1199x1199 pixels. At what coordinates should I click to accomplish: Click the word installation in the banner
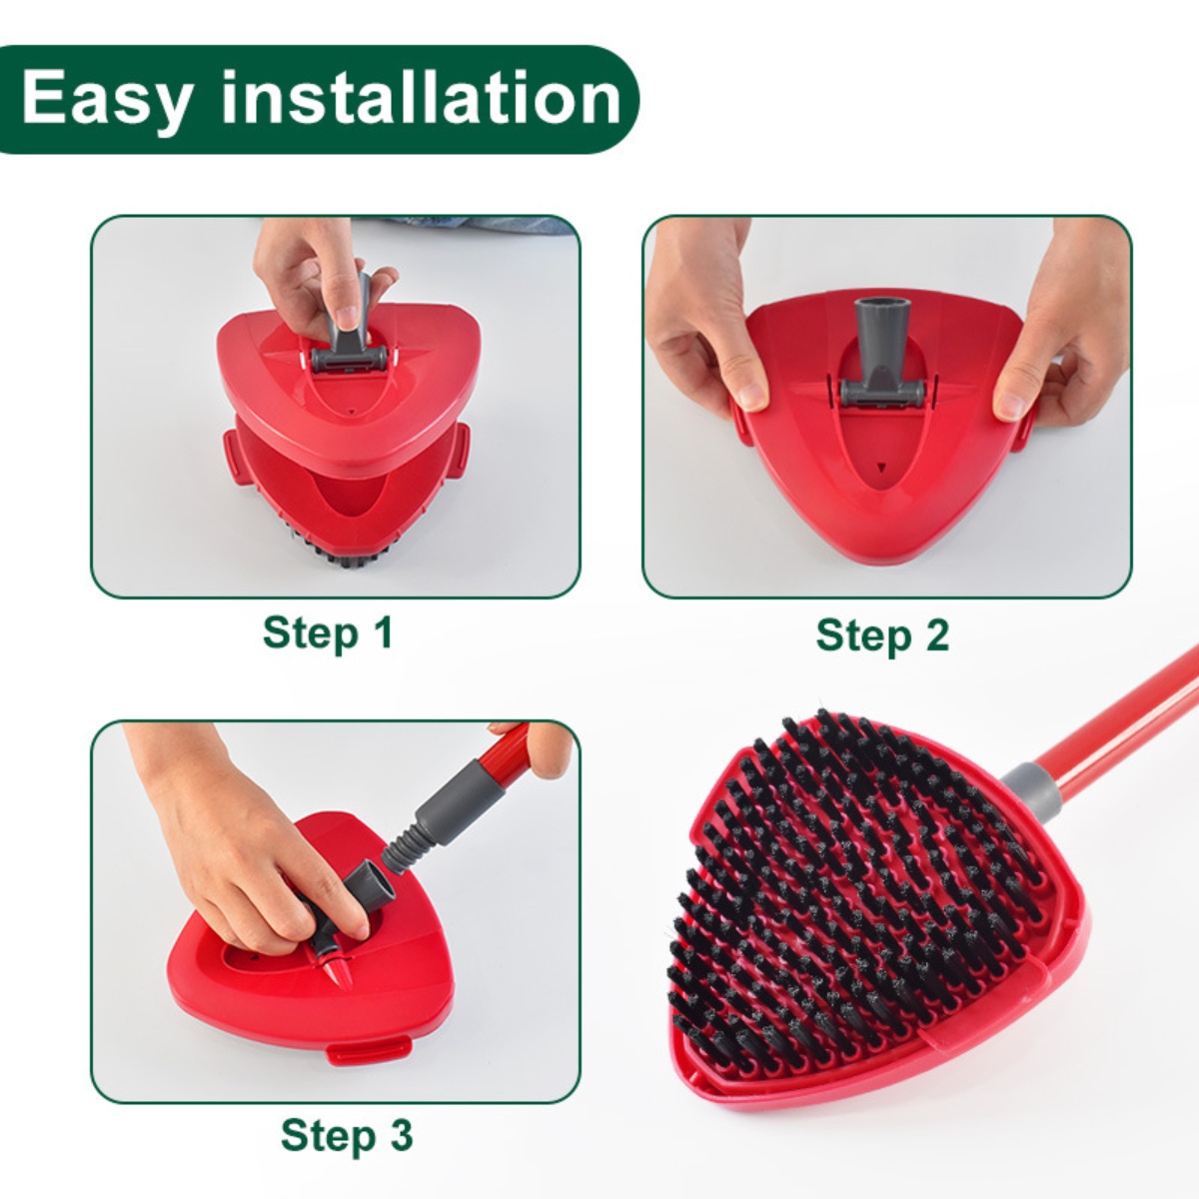(x=421, y=98)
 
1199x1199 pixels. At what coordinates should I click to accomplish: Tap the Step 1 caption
(x=328, y=633)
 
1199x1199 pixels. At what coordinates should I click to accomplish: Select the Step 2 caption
(x=882, y=635)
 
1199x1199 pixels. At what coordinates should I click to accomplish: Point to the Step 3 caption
(x=346, y=1136)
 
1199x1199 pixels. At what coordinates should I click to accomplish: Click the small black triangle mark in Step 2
(x=880, y=467)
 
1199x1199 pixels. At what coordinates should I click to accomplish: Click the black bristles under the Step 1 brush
(x=330, y=555)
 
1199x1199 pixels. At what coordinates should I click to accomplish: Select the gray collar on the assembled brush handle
(x=1029, y=784)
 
